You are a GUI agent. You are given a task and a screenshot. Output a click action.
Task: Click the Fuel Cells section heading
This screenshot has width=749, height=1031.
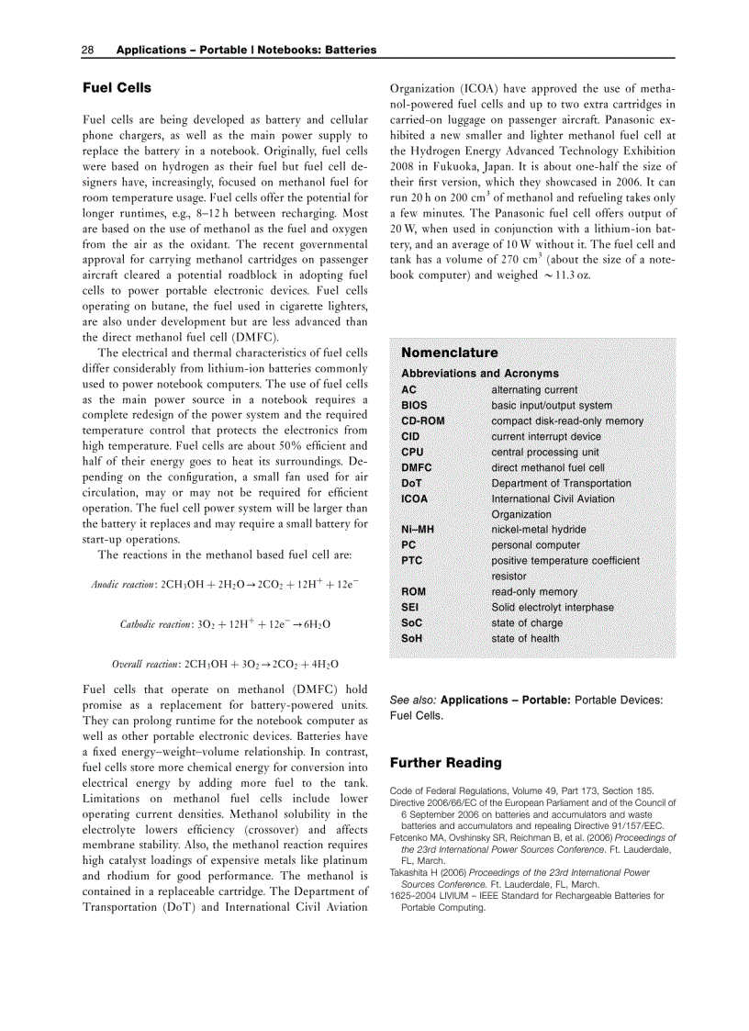(117, 88)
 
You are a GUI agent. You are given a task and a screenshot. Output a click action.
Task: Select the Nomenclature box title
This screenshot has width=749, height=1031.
(450, 353)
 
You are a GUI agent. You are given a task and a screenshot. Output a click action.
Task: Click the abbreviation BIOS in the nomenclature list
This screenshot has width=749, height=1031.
(414, 405)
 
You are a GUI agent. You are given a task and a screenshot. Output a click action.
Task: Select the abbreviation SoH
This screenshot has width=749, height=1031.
(413, 638)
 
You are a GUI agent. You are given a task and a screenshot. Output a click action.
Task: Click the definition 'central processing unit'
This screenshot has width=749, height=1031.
(544, 452)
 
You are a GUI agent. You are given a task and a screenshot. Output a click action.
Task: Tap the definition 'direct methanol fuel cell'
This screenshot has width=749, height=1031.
(548, 467)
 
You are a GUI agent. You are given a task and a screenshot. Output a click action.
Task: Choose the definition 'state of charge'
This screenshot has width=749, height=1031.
(527, 622)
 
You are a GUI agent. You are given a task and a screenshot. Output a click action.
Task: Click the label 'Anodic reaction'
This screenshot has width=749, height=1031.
(124, 585)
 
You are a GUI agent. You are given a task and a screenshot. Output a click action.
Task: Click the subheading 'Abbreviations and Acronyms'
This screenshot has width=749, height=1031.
(479, 374)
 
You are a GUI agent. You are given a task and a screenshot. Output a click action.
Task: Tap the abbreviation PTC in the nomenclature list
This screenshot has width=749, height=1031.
(411, 560)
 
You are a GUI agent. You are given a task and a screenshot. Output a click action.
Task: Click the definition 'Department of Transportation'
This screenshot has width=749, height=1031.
(561, 483)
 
